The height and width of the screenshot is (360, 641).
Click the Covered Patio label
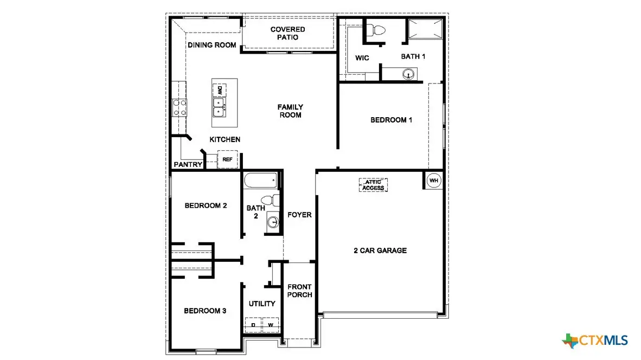(x=287, y=33)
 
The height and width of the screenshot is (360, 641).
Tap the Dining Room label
(x=212, y=45)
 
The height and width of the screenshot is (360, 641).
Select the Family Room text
(x=290, y=111)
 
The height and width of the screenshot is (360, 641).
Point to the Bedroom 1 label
(x=391, y=120)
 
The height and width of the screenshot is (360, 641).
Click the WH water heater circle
(x=434, y=181)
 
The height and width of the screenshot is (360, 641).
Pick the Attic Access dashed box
(x=373, y=185)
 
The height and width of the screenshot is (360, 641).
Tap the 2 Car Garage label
(x=380, y=250)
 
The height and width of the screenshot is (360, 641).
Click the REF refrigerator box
(x=227, y=159)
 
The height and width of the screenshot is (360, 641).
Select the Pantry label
(x=188, y=164)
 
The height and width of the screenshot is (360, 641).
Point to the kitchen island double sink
(x=219, y=107)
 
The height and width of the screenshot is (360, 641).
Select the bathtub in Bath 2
(x=260, y=181)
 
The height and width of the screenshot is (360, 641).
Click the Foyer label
(x=299, y=215)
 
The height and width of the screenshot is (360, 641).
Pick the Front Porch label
(x=299, y=291)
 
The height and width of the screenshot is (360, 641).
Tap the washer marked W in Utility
(x=270, y=325)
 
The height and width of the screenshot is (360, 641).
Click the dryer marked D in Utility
(x=253, y=325)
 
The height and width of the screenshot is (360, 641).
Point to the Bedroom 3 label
(x=205, y=311)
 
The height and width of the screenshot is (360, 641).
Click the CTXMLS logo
(x=595, y=340)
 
